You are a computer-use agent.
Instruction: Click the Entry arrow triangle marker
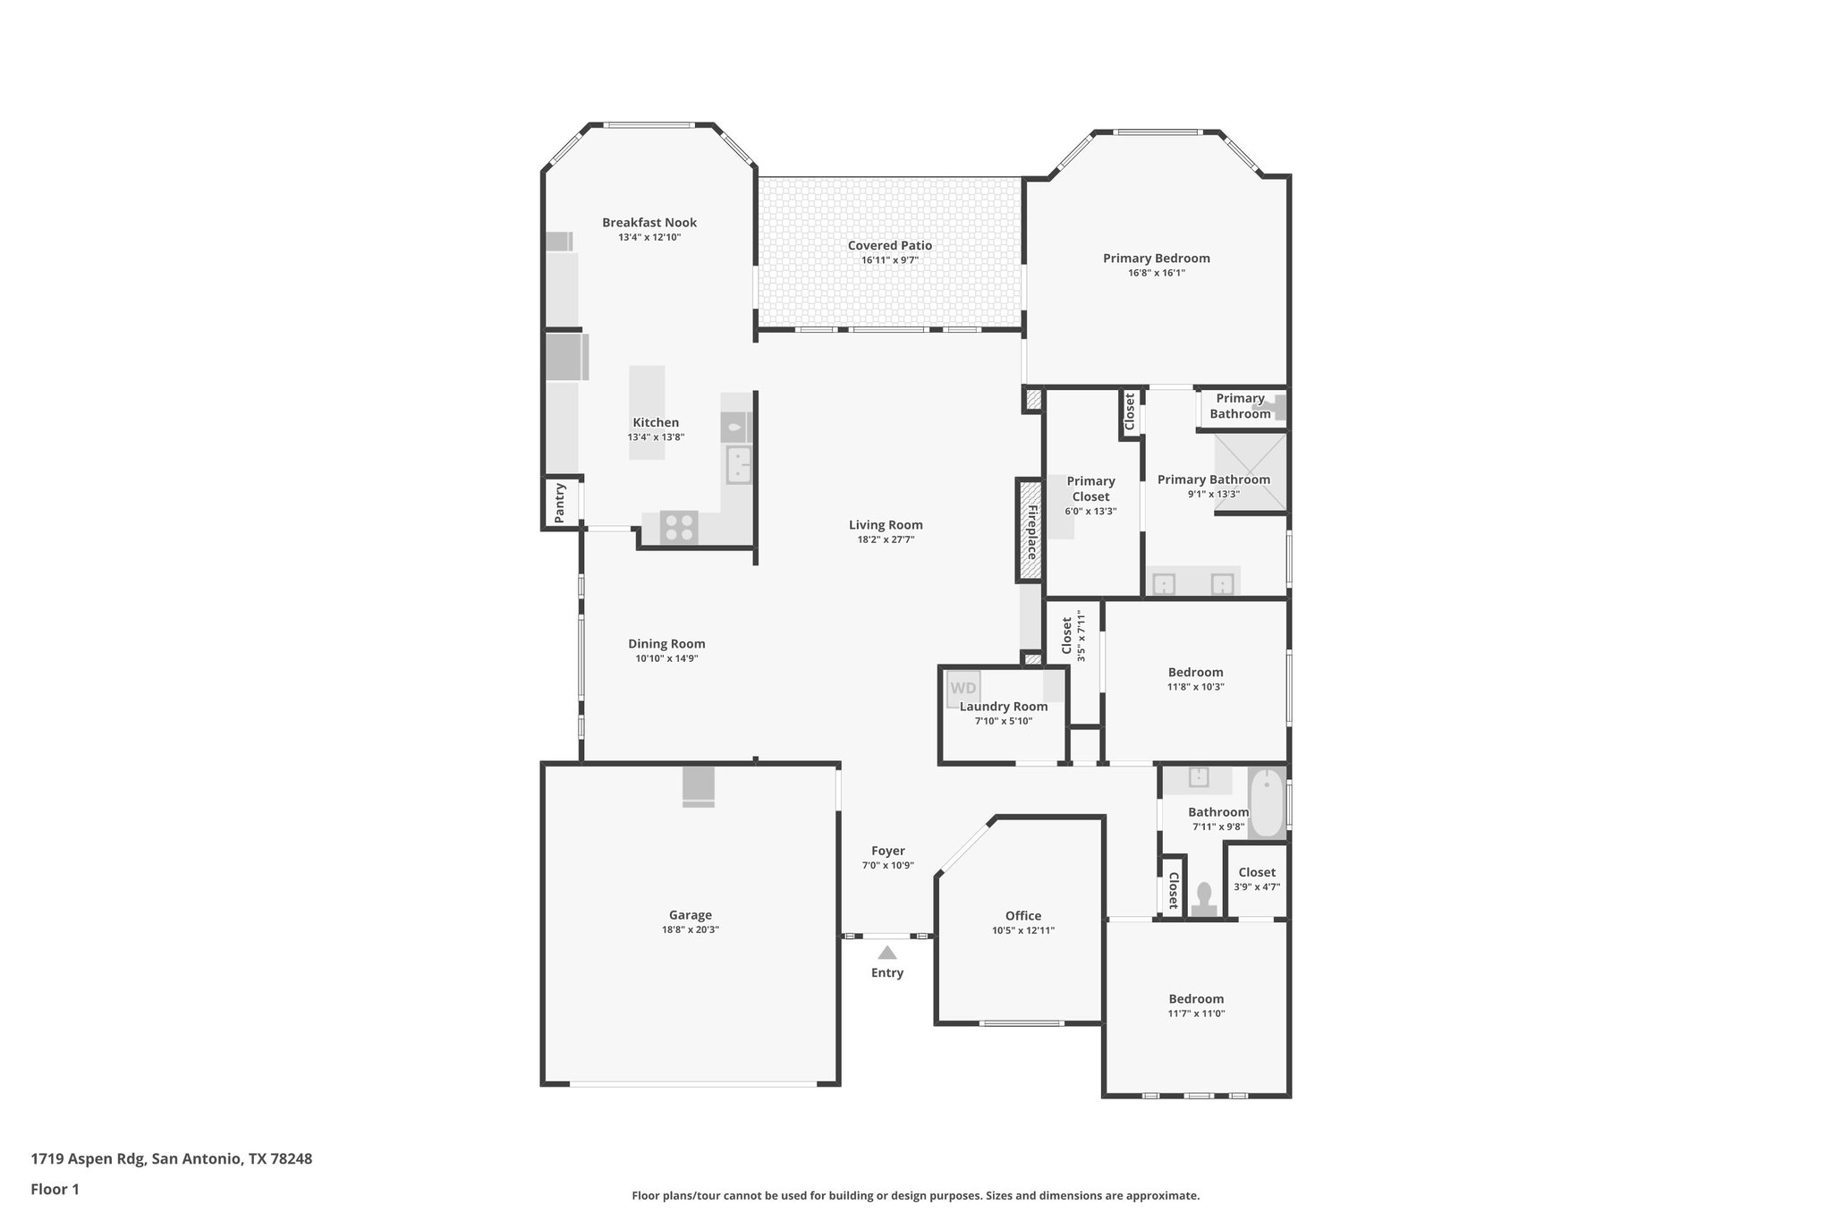(x=886, y=953)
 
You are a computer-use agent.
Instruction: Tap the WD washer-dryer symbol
(x=963, y=689)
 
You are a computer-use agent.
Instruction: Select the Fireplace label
(x=1030, y=531)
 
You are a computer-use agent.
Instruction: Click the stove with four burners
(x=678, y=527)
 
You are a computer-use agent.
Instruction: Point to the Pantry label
(x=560, y=503)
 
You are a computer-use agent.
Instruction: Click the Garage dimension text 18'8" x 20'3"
(x=690, y=930)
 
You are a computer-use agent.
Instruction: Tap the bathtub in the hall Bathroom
(x=1266, y=803)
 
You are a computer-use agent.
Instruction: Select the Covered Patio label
(x=890, y=245)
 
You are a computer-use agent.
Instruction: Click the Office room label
(x=1022, y=915)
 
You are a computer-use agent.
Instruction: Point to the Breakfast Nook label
(x=649, y=223)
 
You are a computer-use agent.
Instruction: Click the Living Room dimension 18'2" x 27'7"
(x=886, y=539)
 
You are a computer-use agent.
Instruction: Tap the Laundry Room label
(x=1004, y=706)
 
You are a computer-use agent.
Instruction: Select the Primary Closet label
(x=1090, y=488)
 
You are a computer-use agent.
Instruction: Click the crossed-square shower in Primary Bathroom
(x=1250, y=471)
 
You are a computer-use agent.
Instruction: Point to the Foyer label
(x=888, y=851)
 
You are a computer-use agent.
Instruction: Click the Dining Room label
(x=666, y=643)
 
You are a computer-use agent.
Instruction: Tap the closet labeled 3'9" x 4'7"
(x=1257, y=879)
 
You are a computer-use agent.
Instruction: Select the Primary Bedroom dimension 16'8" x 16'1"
(x=1157, y=273)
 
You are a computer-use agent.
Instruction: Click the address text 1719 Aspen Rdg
(x=88, y=1158)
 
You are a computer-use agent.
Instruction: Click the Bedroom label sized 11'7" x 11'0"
(x=1196, y=998)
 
